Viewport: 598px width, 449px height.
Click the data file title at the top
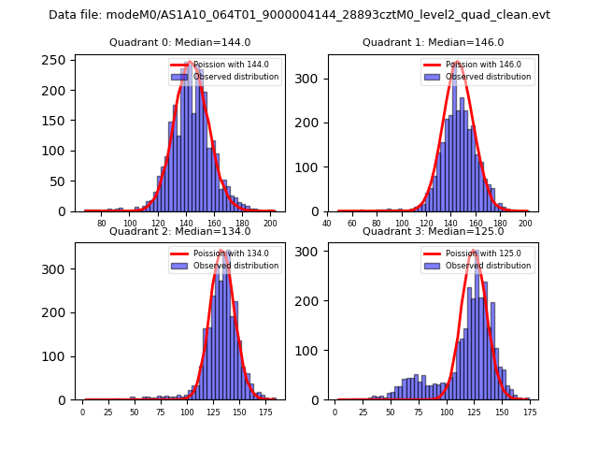pyautogui.click(x=299, y=15)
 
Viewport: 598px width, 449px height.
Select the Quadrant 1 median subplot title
pyautogui.click(x=433, y=42)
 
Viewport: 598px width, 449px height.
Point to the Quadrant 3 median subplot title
pyautogui.click(x=433, y=231)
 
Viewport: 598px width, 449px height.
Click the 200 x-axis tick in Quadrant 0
pyautogui.click(x=270, y=224)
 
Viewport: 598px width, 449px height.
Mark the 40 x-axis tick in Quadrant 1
pyautogui.click(x=327, y=224)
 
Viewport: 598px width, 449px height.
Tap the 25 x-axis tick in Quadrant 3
pyautogui.click(x=363, y=412)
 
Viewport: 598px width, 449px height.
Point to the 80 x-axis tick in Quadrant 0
pyautogui.click(x=102, y=224)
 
